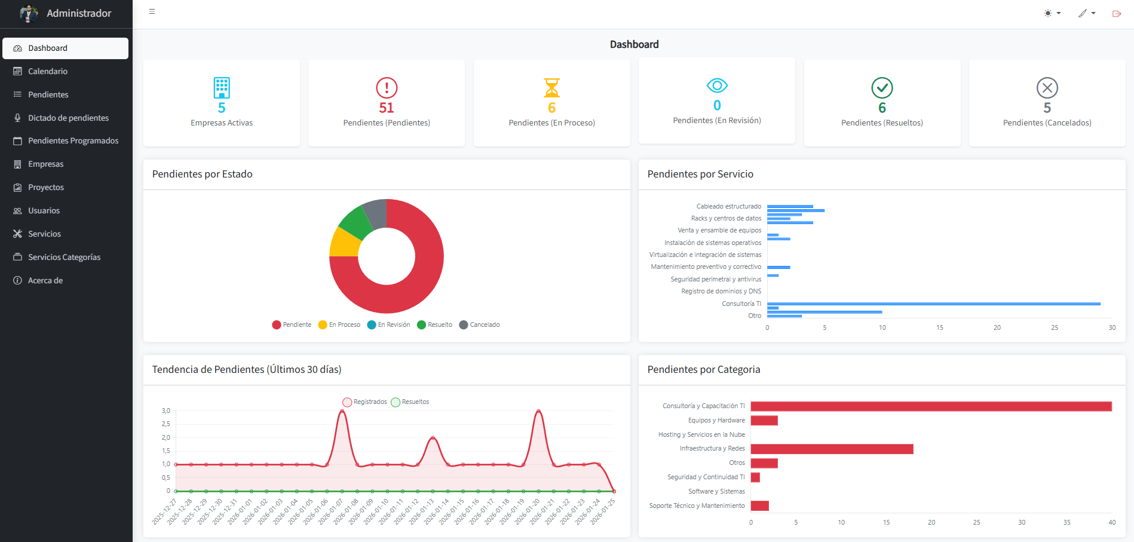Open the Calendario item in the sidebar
[47, 71]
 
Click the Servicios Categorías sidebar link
[64, 257]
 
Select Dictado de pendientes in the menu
[68, 118]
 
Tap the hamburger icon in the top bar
[152, 11]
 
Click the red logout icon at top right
[1116, 13]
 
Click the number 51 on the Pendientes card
[387, 108]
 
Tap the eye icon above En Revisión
[716, 85]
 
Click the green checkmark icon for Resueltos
[882, 88]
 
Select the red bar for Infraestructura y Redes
[832, 449]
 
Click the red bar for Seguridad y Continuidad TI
[755, 477]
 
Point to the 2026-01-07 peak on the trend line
[342, 411]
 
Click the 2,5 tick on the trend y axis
[165, 424]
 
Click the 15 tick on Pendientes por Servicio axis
[939, 327]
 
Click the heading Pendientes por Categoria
[703, 369]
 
